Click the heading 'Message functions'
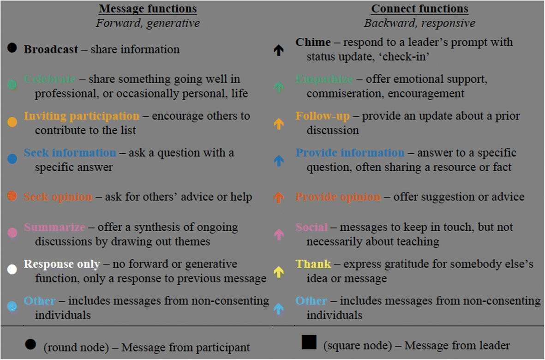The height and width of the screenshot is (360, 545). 148,9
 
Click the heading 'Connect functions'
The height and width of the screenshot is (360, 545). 419,9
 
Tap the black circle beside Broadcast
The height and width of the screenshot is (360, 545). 12,47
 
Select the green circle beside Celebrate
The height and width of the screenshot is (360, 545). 12,84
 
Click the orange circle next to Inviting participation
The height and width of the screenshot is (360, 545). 12,122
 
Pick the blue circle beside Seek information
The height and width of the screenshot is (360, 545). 12,159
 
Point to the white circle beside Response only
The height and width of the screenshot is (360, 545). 12,269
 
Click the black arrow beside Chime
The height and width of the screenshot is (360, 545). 278,50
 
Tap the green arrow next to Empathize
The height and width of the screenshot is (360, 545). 278,87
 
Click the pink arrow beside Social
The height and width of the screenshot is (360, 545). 278,234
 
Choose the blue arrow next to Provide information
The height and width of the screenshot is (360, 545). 278,160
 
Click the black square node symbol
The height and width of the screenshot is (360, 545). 309,342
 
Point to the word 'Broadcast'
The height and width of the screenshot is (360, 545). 51,49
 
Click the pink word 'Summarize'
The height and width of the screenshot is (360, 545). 54,227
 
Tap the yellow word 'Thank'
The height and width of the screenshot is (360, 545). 313,264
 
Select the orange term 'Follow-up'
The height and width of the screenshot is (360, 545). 323,116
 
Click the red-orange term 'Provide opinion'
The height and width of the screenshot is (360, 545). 338,197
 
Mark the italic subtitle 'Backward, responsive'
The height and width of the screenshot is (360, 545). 419,23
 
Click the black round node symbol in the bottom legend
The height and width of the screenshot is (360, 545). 30,344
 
